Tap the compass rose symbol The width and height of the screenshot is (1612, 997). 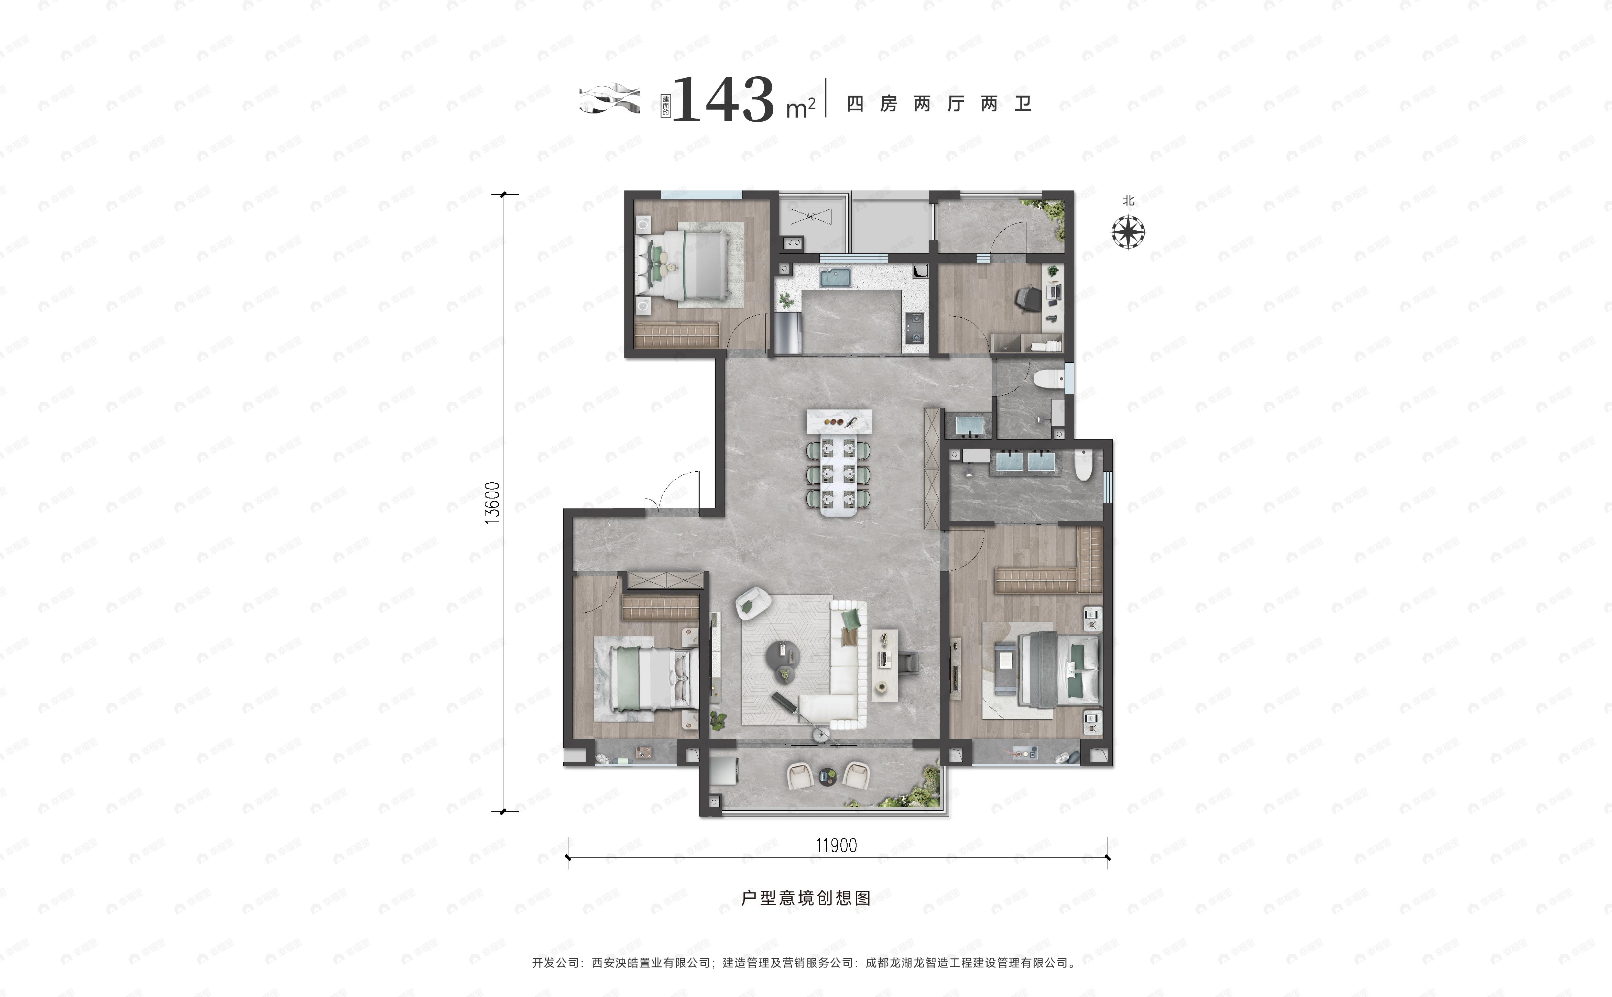pyautogui.click(x=1128, y=232)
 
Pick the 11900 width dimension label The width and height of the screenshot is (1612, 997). pyautogui.click(x=836, y=845)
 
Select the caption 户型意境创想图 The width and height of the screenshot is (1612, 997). pyautogui.click(x=806, y=898)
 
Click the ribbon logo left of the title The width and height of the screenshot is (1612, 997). pyautogui.click(x=610, y=99)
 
